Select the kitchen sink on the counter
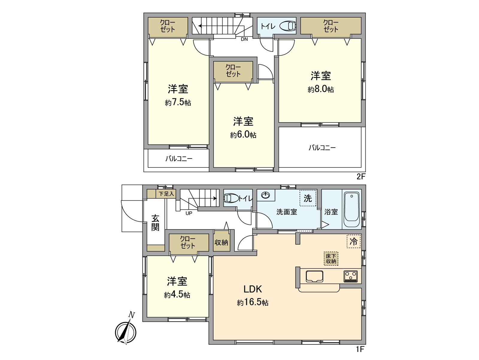(314, 276)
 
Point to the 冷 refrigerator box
(354, 241)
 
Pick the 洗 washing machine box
(308, 198)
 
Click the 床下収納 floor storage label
(331, 258)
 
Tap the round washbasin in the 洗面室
(266, 195)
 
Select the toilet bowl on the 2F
(288, 26)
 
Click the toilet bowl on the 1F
(231, 198)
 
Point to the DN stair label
(244, 39)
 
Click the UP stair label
(189, 213)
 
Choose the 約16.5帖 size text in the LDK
(253, 302)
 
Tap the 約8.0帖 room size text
(321, 89)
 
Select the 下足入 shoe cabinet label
(166, 194)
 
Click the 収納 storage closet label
(221, 242)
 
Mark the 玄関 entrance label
(155, 223)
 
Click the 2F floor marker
(361, 176)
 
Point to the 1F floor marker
(360, 349)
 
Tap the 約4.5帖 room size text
(177, 295)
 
